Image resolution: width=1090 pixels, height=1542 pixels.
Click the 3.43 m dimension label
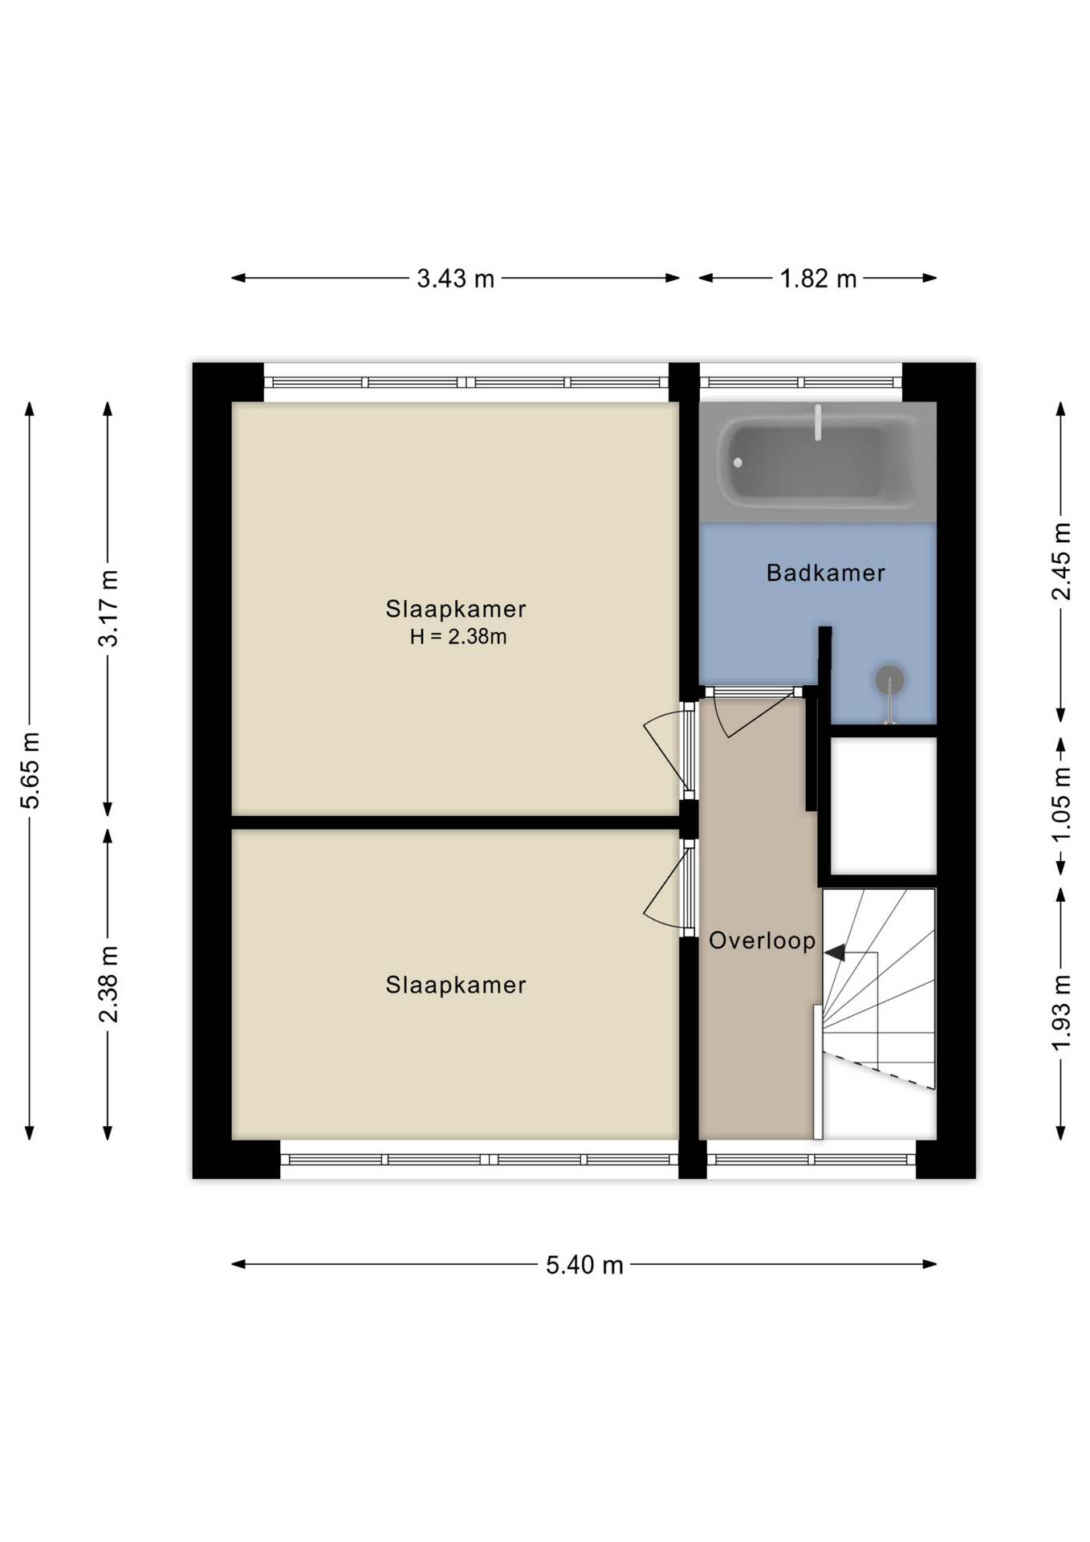[455, 279]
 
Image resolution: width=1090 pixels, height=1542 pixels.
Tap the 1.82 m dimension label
[818, 279]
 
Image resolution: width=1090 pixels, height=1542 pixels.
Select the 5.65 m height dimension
[30, 770]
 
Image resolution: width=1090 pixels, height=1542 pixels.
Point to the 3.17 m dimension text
[108, 608]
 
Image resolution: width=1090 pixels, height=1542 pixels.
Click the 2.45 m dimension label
[1061, 561]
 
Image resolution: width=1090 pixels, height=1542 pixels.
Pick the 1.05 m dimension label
[1061, 805]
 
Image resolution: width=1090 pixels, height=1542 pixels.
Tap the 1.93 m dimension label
[1061, 1012]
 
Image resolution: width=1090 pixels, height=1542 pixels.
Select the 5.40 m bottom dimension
[584, 1265]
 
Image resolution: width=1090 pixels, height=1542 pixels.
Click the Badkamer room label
[825, 573]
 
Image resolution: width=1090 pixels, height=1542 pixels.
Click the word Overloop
[762, 940]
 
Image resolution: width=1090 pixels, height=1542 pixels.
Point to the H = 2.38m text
[458, 637]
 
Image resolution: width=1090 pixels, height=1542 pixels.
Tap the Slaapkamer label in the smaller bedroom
[455, 985]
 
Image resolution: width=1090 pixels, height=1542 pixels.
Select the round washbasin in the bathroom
[889, 680]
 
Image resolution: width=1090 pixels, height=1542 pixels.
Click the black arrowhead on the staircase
[835, 953]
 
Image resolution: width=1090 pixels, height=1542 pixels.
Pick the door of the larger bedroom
[668, 749]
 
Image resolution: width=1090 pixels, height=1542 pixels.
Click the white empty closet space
[883, 805]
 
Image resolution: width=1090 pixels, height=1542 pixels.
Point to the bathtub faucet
[818, 422]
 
